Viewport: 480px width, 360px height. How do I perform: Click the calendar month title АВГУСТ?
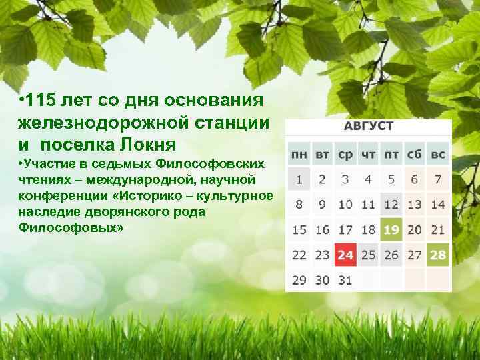pos(369,127)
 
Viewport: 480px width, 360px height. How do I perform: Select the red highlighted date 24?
pos(345,255)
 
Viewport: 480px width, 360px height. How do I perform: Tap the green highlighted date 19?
pos(391,230)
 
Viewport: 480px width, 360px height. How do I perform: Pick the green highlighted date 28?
pos(438,255)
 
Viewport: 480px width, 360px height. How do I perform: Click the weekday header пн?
pos(299,154)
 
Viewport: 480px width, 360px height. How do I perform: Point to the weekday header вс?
pos(438,154)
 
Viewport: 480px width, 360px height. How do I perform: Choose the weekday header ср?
pos(345,154)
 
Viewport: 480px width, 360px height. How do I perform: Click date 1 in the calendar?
pos(299,179)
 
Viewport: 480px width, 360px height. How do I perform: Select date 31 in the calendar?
pos(345,280)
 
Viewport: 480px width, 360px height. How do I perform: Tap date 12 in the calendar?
pos(391,205)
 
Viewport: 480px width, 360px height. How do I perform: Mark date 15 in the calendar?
pos(299,230)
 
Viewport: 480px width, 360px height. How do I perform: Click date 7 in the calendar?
pos(438,179)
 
